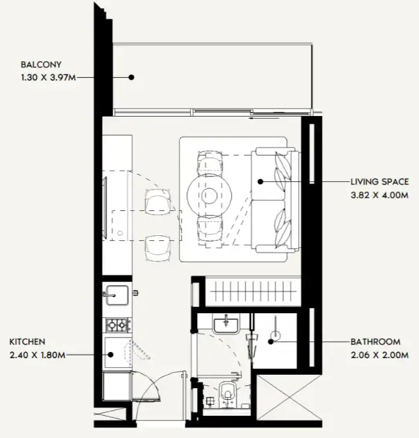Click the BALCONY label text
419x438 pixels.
42,65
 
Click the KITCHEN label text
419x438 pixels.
27,342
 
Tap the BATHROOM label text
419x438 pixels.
375,342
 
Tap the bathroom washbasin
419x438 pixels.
225,324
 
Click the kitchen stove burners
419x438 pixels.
116,324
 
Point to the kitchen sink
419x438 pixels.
115,295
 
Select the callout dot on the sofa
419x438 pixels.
260,182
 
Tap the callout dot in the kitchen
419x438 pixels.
111,355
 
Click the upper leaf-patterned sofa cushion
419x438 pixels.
284,170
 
